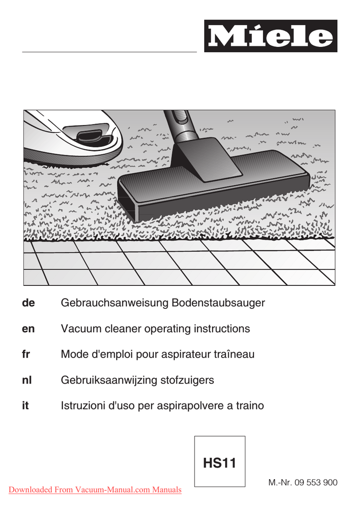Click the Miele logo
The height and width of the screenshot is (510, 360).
tap(270, 36)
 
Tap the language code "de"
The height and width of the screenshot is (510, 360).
tap(28, 303)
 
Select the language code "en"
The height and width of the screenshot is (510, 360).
tap(28, 329)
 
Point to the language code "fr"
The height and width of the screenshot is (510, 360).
tap(26, 355)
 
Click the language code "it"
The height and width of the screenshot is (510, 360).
tap(25, 406)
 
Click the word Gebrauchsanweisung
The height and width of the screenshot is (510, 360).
tap(115, 303)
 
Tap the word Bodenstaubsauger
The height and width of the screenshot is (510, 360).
tap(218, 303)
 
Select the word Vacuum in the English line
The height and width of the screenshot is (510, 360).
tap(80, 329)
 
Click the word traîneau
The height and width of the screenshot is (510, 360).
tap(234, 355)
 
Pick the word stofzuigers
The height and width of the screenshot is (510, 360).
tap(187, 381)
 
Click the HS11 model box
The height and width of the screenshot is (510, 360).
tap(220, 462)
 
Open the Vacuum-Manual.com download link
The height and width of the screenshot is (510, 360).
tap(95, 490)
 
